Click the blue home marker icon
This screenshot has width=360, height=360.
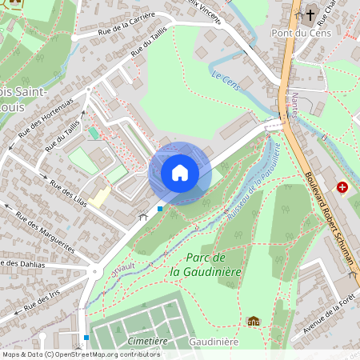180,173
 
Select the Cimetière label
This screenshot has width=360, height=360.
147,341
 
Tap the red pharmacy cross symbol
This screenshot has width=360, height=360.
342,186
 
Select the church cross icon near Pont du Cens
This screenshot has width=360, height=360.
310,14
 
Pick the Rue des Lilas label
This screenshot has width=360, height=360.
67,192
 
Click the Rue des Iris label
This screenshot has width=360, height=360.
43,286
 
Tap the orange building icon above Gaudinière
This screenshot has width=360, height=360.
254,321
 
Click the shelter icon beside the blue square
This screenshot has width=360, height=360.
144,215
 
